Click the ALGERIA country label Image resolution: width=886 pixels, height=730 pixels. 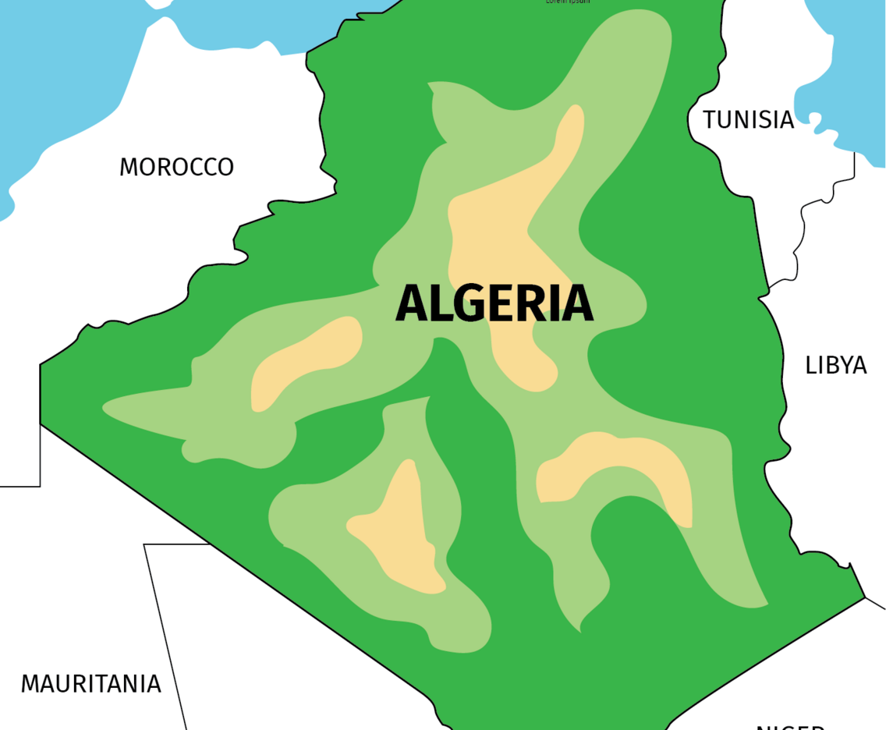(494, 303)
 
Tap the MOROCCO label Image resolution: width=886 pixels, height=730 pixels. (176, 167)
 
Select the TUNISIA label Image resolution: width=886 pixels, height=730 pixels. (748, 119)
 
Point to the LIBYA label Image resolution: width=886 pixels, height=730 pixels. (836, 365)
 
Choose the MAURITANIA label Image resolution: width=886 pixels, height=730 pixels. (90, 684)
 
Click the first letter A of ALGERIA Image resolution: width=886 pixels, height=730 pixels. (411, 303)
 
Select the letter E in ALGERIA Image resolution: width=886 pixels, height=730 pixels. (498, 303)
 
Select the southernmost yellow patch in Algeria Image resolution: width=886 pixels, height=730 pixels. (402, 530)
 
